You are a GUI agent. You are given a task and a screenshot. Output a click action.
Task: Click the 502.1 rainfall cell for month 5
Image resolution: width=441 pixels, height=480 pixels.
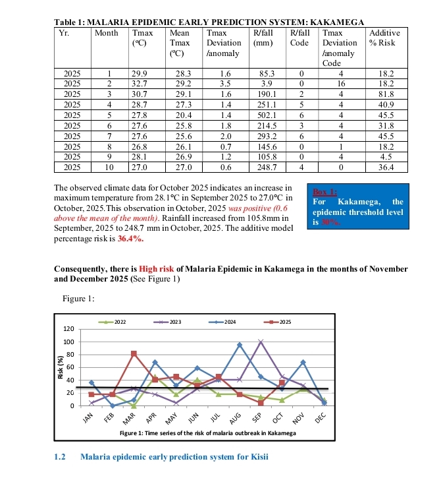coord(267,114)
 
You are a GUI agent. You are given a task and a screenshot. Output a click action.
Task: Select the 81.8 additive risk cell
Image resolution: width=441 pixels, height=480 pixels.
coord(386,94)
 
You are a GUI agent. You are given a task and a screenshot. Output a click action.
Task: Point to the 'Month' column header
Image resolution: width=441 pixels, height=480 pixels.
coord(107,32)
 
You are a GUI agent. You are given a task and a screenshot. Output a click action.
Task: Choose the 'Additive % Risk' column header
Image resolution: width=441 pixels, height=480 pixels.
coord(386,37)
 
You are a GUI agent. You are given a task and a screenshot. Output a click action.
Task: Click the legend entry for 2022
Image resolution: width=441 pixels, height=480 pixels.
coord(115,321)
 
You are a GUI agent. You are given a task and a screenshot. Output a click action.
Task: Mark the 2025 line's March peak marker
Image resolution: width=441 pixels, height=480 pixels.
coord(134,354)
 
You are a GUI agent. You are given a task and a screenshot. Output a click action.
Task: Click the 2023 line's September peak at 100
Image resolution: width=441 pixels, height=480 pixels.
coord(261,342)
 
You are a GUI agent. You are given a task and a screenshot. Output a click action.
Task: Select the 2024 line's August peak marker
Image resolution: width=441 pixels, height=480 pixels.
coord(240,345)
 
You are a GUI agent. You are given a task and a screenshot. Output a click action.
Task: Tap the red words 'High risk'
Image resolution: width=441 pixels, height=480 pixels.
coord(157,269)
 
